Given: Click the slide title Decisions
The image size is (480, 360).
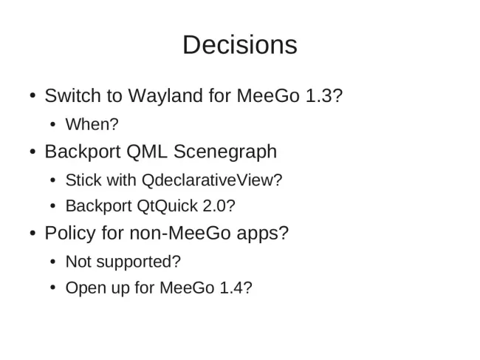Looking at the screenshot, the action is coord(240,45).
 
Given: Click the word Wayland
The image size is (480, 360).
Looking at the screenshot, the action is coord(165,96).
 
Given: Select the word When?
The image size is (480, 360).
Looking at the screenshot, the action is coord(92,124).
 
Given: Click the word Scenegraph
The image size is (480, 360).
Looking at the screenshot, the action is coord(225,152).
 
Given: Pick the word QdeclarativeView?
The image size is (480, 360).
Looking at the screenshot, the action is coord(212,180).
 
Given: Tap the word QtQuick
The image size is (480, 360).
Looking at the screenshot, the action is coord(167,206).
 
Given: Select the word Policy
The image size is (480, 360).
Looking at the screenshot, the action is coord(70,234).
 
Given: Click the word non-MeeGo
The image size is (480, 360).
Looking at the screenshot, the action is coord(180,233).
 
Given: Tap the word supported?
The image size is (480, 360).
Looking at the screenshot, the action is coord(139,262).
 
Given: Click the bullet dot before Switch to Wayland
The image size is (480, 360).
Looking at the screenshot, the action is coord(32,95).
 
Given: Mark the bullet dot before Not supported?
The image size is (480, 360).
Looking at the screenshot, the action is coord(52,262).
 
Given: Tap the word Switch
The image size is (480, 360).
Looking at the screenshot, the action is coord(73,95).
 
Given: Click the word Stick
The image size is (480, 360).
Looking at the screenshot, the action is coord(83,180).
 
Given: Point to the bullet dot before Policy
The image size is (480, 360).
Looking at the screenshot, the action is coord(32,233).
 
